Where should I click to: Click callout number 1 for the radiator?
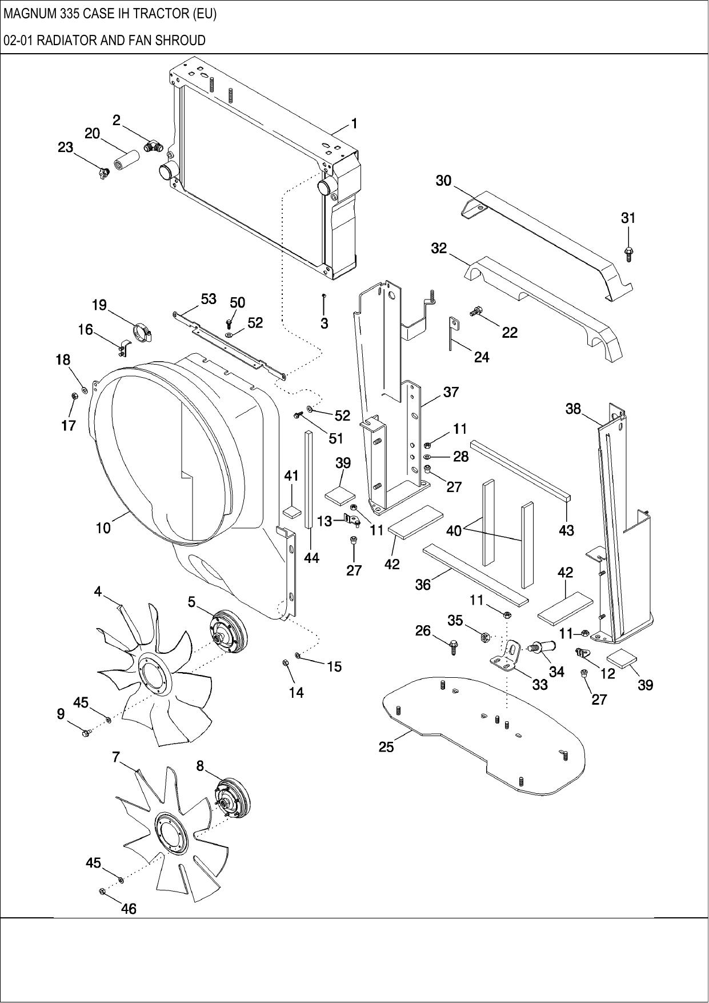354,123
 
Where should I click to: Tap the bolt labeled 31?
628,253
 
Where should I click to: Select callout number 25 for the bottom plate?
386,747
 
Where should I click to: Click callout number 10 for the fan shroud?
103,528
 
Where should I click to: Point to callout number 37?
451,392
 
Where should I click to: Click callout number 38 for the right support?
573,409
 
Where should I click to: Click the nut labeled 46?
102,891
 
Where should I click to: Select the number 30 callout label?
443,181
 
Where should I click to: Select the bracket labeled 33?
507,656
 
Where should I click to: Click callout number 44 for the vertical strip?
311,558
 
